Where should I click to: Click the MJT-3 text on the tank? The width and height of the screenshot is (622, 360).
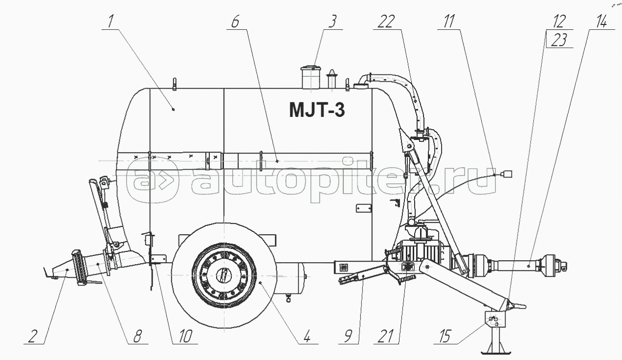(x=317, y=110)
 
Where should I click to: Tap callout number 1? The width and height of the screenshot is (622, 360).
(x=111, y=22)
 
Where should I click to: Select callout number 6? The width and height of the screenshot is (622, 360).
(x=235, y=22)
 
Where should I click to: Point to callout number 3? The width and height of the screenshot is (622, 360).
(x=332, y=22)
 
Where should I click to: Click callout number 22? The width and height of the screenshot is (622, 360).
(x=386, y=22)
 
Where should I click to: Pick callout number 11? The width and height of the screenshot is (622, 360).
(x=448, y=22)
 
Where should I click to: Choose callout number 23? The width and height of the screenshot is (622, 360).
(x=559, y=40)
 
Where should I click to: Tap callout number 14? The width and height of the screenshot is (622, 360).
(x=600, y=22)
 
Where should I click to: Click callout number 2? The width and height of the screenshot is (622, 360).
(x=32, y=337)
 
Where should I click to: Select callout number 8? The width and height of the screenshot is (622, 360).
(x=137, y=337)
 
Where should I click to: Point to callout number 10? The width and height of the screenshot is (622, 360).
(x=185, y=337)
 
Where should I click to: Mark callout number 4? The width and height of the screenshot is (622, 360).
(x=307, y=337)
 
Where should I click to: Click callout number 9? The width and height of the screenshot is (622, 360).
(x=348, y=337)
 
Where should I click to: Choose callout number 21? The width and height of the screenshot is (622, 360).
(x=386, y=337)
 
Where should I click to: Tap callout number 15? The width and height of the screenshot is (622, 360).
(x=445, y=337)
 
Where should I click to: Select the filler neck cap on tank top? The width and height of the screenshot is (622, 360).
(x=311, y=68)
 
